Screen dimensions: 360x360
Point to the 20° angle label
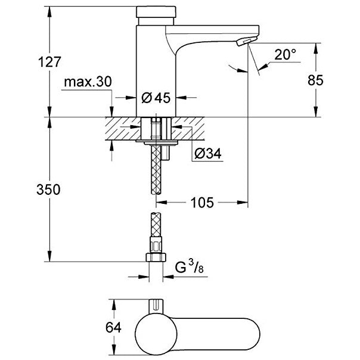tap(285, 55)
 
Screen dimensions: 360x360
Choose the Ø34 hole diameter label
tap(207, 154)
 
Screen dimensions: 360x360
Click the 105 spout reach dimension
tap(203, 203)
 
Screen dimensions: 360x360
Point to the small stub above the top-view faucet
tap(158, 305)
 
